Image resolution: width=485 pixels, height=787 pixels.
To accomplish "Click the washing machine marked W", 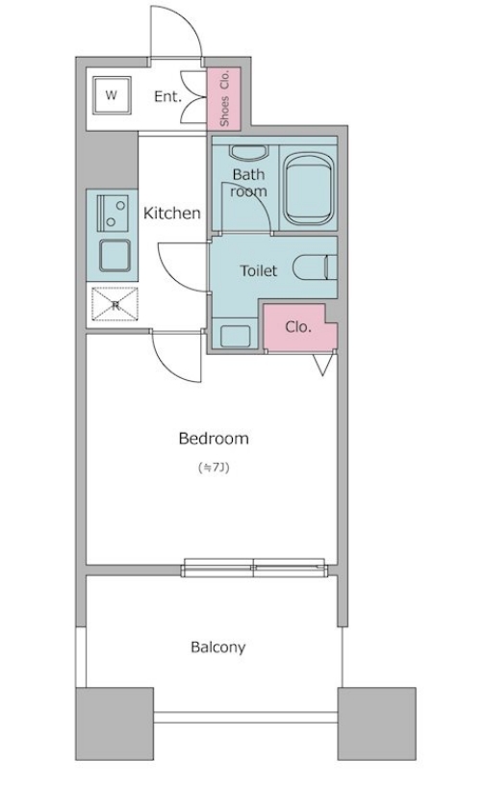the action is [111, 95].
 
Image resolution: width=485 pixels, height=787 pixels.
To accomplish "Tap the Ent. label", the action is [167, 96].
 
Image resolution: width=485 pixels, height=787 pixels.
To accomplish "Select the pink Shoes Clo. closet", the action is [224, 97].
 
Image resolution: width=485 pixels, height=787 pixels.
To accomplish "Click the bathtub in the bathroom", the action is [308, 189].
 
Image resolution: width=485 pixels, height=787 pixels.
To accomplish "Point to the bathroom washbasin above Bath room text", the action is [248, 153].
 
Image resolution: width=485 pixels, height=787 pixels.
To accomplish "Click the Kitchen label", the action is [172, 213].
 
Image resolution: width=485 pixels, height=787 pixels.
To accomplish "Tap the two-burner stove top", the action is [113, 213].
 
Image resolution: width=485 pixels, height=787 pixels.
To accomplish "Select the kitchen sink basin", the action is [115, 256].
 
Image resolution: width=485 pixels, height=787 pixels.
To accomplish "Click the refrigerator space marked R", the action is [115, 304].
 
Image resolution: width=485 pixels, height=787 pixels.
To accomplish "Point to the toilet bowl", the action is [315, 267].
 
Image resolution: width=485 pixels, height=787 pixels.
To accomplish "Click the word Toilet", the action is [259, 271].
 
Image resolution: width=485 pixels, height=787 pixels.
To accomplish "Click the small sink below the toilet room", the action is [235, 336].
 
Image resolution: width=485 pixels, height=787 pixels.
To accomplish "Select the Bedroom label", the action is [214, 438].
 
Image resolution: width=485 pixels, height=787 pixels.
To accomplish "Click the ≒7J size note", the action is [215, 468].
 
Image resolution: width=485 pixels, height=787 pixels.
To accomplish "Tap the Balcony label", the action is [217, 647].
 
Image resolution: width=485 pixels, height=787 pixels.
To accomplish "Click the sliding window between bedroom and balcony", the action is [254, 568].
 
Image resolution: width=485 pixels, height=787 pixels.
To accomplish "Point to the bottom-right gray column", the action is [376, 724].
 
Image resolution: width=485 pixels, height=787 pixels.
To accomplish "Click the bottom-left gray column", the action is [115, 724].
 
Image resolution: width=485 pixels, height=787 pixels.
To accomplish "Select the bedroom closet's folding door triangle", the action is [322, 365].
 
